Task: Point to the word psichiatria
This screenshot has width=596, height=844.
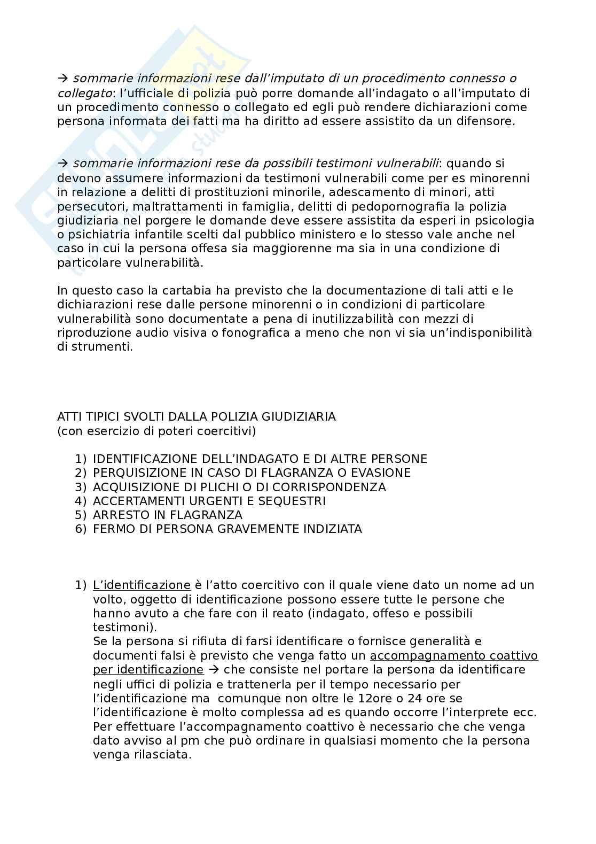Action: (x=99, y=235)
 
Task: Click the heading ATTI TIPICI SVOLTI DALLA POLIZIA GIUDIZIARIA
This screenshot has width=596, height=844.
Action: (x=197, y=416)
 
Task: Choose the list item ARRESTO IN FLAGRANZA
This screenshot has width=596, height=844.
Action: (x=167, y=515)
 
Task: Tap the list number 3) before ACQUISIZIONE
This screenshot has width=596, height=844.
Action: (x=81, y=487)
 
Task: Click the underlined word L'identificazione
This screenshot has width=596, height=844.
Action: (x=142, y=585)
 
